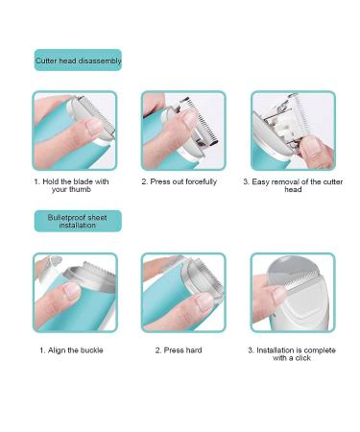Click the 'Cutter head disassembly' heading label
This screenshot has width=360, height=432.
[78, 60]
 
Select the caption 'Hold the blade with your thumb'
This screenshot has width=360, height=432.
[74, 185]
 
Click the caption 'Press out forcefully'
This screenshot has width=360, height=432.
[179, 181]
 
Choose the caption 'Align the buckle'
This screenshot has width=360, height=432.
[71, 350]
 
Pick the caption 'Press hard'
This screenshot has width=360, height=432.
[179, 350]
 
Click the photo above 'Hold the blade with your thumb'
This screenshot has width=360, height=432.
[74, 132]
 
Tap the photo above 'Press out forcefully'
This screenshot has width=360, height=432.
[183, 132]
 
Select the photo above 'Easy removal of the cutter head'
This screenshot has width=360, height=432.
[293, 132]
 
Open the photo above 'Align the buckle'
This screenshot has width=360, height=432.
[74, 293]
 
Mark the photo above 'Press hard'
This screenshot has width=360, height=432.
[183, 293]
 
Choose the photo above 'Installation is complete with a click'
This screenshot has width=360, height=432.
[293, 293]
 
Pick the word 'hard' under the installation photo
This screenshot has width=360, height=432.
[192, 350]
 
